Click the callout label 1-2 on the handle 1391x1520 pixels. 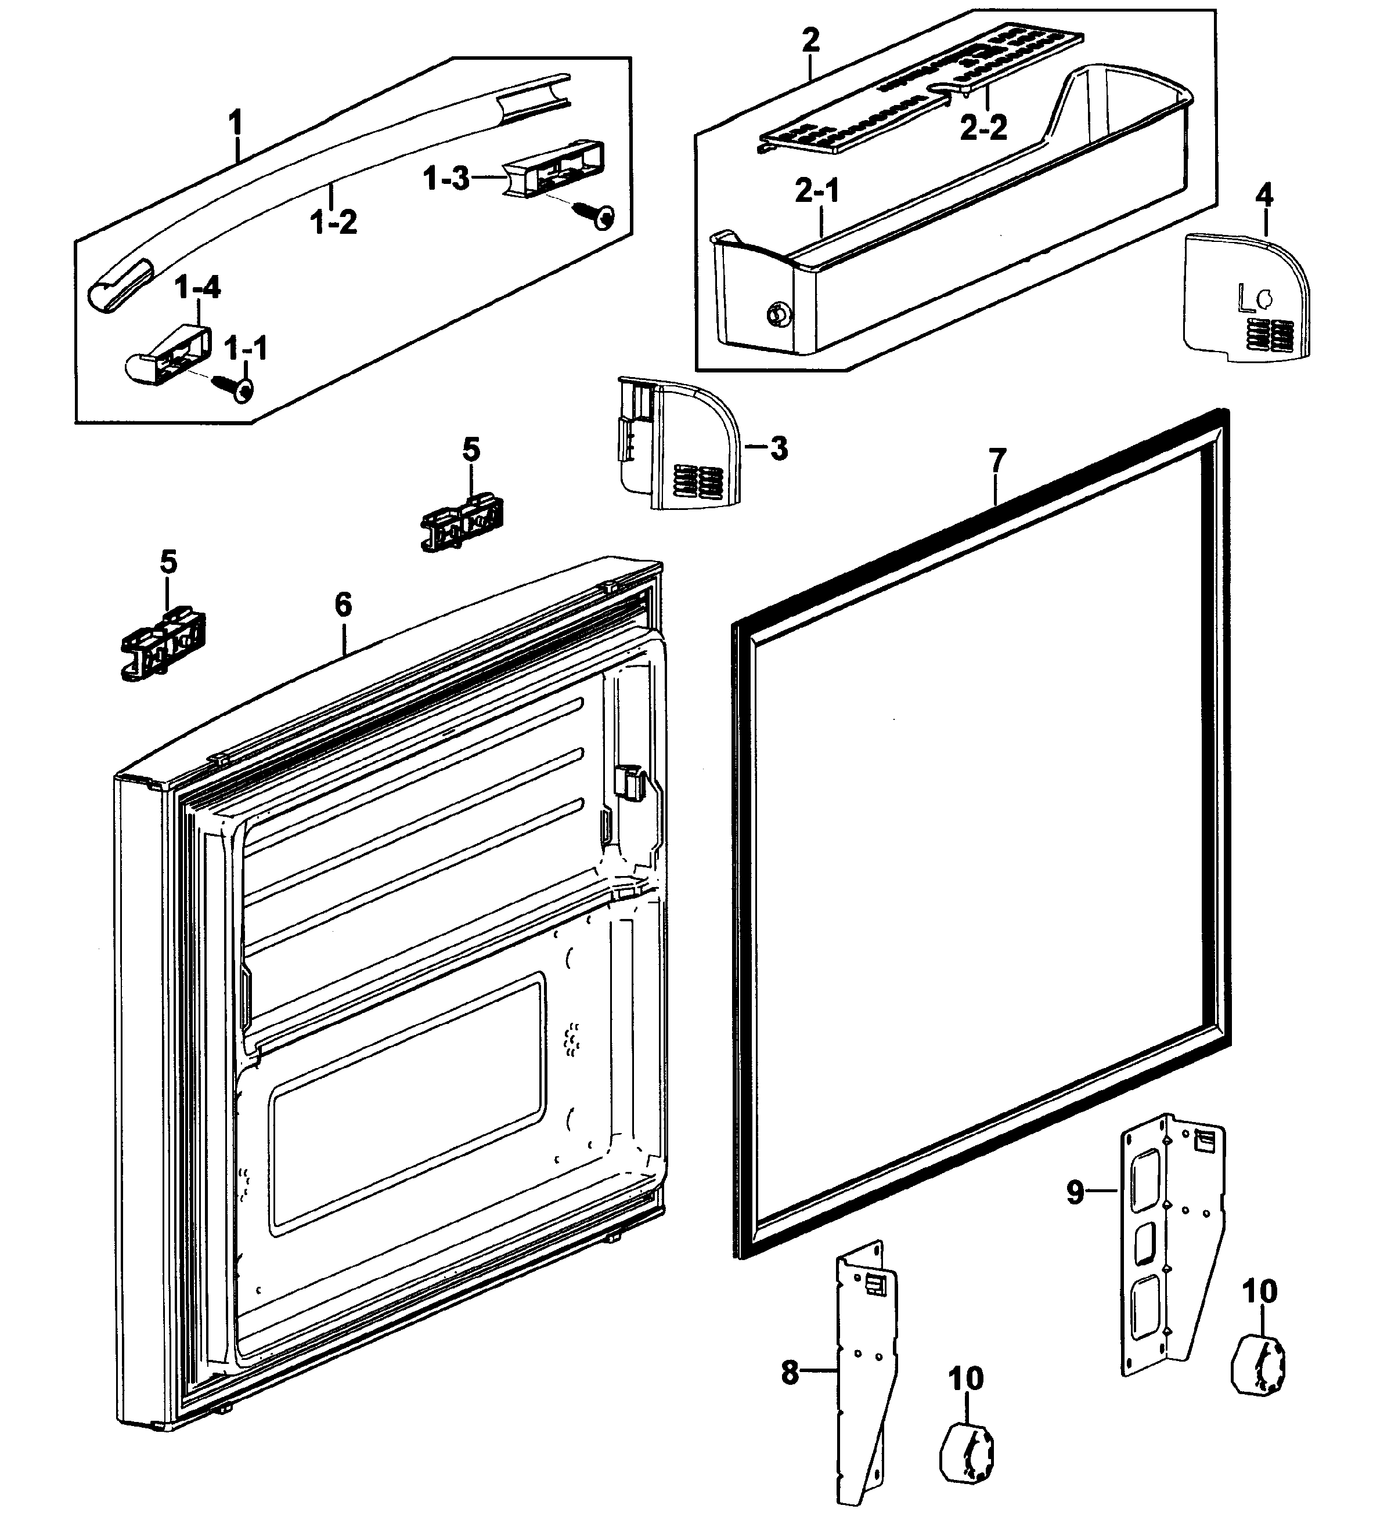(x=333, y=222)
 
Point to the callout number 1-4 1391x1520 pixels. (x=197, y=287)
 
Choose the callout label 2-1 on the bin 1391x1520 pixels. (x=817, y=191)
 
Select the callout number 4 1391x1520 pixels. (x=1265, y=196)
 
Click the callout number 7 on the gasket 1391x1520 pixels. (x=997, y=460)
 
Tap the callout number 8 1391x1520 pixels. (x=790, y=1372)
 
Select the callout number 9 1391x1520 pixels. (x=1076, y=1192)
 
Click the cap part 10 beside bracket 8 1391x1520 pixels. (x=965, y=1450)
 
